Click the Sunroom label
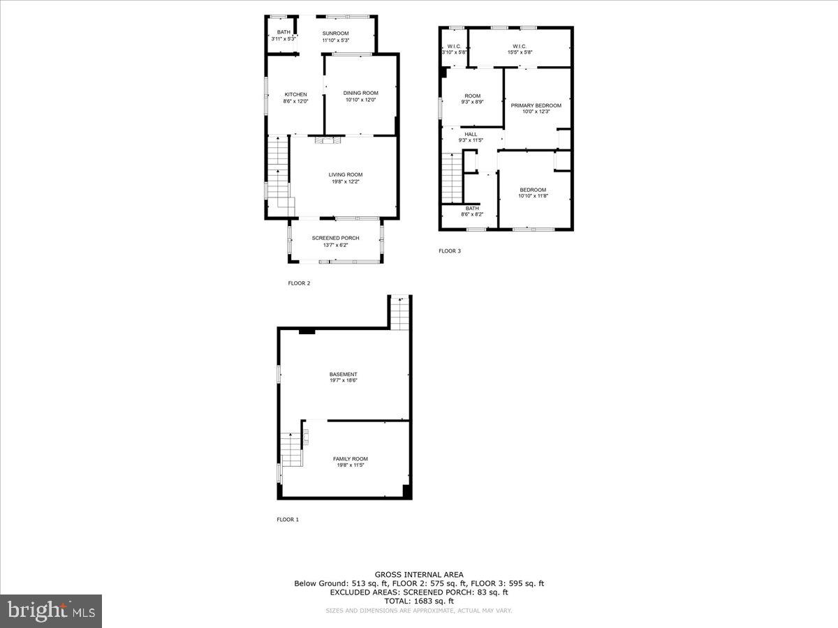coord(335,33)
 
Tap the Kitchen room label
coord(295,95)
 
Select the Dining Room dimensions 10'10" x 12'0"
coord(360,100)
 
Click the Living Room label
coord(346,174)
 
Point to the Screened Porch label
coord(335,238)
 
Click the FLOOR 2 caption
coord(299,283)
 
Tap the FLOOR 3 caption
coord(450,251)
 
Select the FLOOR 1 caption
coord(288,519)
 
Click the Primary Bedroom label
coord(536,105)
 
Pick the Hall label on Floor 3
coord(471,134)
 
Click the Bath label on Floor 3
coord(473,208)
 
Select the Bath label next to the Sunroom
coord(283,32)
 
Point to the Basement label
coord(344,374)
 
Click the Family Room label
coord(350,458)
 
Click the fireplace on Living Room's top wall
coord(325,140)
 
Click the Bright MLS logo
coord(51,611)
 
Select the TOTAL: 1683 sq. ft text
coord(418,601)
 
